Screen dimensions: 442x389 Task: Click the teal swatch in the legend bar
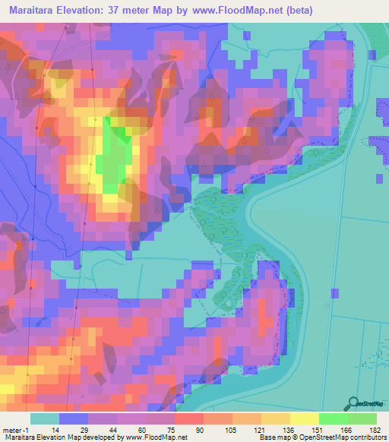(45, 418)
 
